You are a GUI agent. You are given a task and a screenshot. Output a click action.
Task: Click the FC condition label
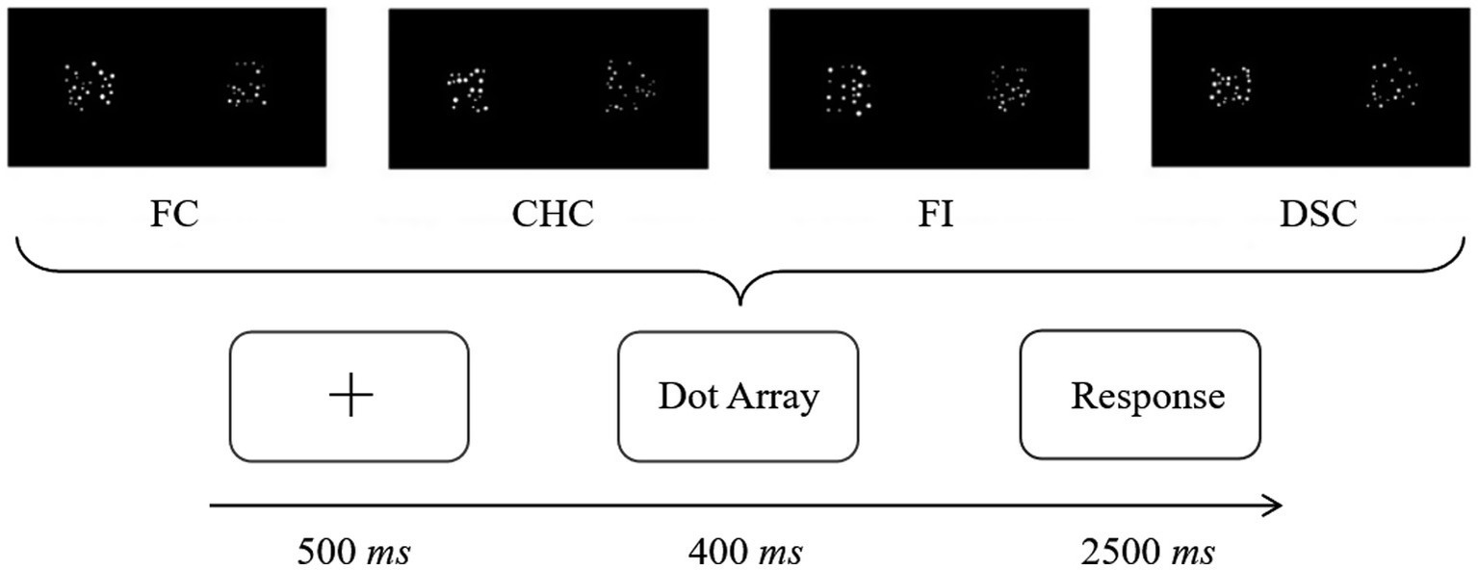tap(174, 214)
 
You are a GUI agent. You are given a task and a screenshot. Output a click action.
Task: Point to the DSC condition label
tap(1317, 214)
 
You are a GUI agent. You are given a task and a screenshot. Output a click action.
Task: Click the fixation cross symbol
tap(350, 396)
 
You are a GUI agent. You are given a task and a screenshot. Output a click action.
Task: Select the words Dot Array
tap(739, 396)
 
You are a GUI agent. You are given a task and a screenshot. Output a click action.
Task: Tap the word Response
tap(1148, 396)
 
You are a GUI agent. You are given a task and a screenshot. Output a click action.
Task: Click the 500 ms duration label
tap(354, 554)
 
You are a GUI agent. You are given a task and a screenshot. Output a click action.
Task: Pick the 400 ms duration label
tap(745, 554)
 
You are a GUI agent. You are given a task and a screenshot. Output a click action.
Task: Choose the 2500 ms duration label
tap(1147, 554)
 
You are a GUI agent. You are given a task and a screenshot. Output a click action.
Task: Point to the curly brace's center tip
tap(739, 304)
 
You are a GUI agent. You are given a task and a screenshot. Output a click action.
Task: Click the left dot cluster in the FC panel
tap(90, 86)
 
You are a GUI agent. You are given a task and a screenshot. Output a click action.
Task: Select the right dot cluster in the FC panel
tap(247, 86)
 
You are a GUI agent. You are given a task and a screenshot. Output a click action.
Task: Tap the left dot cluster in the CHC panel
tap(466, 88)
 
